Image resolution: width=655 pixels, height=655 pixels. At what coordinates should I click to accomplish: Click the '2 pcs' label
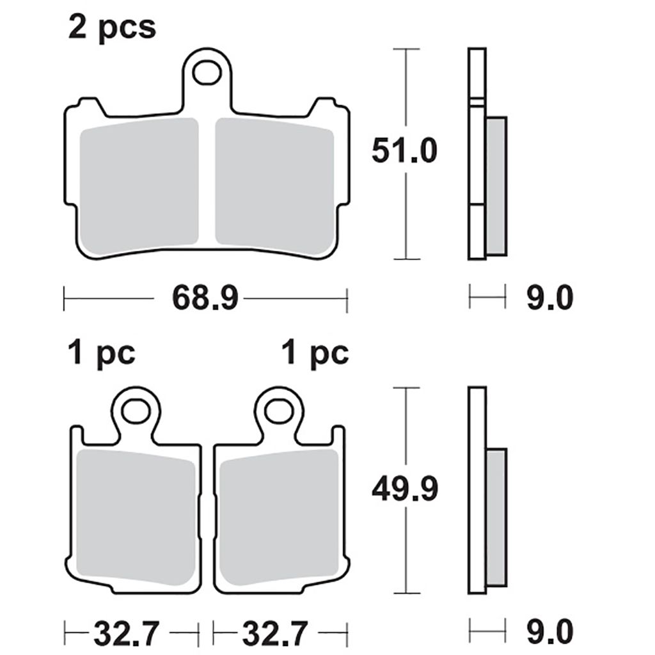coord(112,28)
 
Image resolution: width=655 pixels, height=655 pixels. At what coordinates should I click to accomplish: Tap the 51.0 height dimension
coord(404,150)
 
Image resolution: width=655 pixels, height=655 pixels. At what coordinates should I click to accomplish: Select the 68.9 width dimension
coord(205,298)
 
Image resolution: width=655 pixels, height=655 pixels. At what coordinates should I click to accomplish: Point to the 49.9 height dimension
coord(405,489)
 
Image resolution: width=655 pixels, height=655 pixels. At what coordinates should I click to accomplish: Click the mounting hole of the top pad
coord(207,73)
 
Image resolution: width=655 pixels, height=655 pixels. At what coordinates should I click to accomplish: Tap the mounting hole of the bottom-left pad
coord(136,411)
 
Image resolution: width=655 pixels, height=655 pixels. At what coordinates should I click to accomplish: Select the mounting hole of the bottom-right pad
coord(280,411)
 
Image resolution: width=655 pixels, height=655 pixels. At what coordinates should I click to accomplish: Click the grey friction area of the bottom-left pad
coord(136,517)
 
